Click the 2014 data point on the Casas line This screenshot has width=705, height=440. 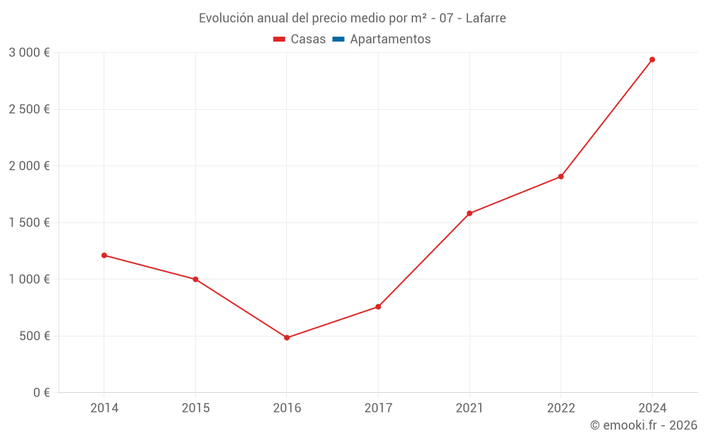(104, 256)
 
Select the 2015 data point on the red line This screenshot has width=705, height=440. (195, 279)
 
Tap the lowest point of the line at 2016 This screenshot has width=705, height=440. (287, 338)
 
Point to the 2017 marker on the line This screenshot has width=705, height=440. (378, 307)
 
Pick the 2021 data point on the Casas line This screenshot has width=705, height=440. (470, 213)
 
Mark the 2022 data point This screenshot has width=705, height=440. (560, 177)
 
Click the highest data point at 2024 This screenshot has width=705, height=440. (652, 60)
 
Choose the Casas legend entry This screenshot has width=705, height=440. (300, 39)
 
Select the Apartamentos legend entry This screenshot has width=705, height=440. (381, 39)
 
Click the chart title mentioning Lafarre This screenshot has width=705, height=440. (352, 18)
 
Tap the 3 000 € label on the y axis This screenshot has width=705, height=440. (29, 53)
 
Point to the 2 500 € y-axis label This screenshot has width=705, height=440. (29, 109)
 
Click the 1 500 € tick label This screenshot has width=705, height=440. (29, 222)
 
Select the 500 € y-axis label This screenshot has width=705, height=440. (33, 336)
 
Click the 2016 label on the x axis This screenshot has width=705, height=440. (287, 408)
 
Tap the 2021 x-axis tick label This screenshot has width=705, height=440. (470, 408)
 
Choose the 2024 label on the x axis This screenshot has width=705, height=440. (652, 408)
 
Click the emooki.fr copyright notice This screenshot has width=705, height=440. (644, 425)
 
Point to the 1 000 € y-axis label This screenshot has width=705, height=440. (29, 279)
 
